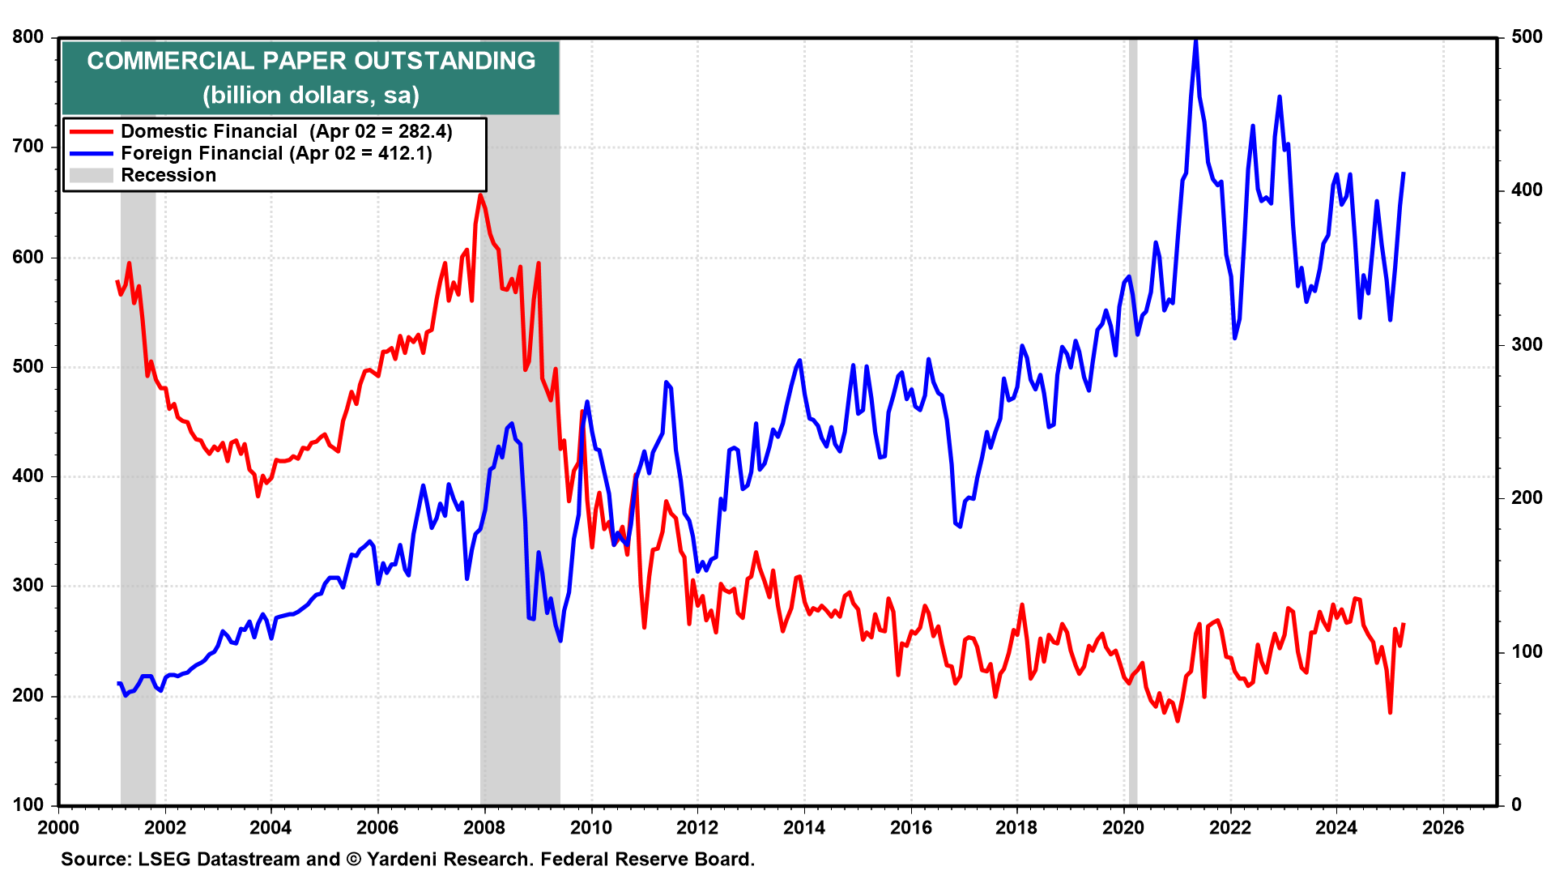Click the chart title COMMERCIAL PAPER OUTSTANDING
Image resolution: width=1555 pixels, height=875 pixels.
coord(311,61)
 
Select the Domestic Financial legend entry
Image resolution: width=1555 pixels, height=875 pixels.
coord(209,131)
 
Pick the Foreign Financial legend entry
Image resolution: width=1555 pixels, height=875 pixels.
coord(202,153)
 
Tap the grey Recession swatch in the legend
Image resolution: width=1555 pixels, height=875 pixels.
coord(91,175)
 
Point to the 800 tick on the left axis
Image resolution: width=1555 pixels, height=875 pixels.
coord(28,37)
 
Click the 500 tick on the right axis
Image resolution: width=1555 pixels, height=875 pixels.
coord(1527,37)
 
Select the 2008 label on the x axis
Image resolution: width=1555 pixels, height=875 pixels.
coord(484,827)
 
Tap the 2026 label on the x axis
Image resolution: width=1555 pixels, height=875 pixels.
coord(1443,827)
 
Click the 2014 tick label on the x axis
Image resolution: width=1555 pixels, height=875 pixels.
coord(804,827)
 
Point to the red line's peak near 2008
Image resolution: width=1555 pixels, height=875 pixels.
coord(480,195)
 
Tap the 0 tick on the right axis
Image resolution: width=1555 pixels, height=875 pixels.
coord(1516,805)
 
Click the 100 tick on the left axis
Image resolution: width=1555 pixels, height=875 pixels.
coord(28,805)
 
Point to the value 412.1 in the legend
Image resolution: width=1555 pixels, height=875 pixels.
coord(404,153)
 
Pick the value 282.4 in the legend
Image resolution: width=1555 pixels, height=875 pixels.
coord(422,131)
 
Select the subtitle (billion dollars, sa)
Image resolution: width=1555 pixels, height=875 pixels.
coord(311,96)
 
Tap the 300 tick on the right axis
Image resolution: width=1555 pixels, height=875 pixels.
coord(1527,344)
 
